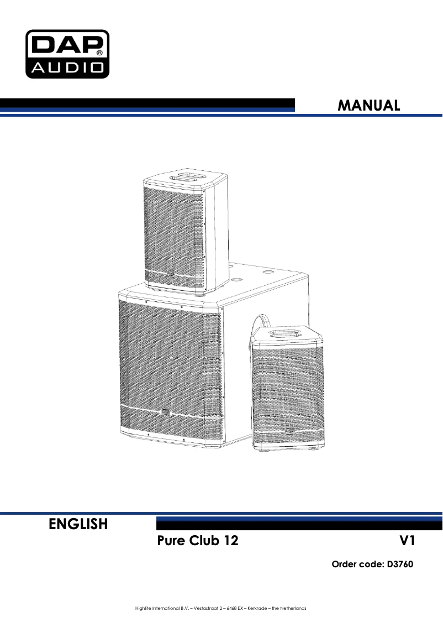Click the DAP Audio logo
(67, 54)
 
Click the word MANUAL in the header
(368, 106)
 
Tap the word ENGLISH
(78, 524)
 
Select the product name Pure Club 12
(198, 541)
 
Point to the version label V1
(407, 541)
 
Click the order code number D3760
(400, 564)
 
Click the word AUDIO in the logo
(67, 67)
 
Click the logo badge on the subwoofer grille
(165, 412)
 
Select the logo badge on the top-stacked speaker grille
(171, 275)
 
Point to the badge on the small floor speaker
(289, 431)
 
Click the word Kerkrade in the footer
(257, 608)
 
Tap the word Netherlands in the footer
(293, 608)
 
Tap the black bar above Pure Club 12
(299, 524)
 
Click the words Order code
(357, 564)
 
